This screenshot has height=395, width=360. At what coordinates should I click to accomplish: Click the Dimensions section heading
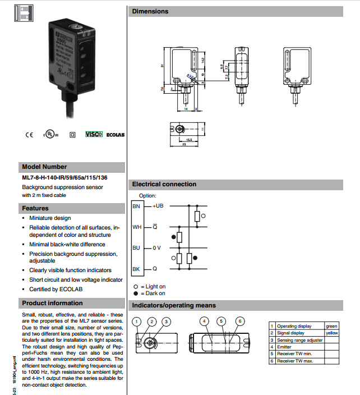pos(150,11)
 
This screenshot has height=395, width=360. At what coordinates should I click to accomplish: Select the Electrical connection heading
pos(164,184)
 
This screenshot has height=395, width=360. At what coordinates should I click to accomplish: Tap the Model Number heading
pos(44,167)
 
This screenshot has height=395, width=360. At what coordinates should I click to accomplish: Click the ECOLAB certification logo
pos(115,135)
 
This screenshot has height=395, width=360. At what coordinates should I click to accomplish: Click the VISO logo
pos(94,135)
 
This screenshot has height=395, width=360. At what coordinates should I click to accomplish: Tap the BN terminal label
pos(136,206)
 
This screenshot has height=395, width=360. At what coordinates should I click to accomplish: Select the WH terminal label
pos(137,227)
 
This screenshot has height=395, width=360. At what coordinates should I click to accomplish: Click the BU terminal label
pos(136,247)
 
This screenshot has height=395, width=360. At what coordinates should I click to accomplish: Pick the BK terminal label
pos(136,269)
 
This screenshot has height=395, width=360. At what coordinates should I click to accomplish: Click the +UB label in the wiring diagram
pos(158,206)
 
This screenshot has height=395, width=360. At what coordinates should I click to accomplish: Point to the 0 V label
pos(158,247)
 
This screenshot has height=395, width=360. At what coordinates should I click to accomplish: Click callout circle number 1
pos(137,321)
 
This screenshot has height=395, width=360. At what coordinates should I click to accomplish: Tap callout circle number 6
pos(240,321)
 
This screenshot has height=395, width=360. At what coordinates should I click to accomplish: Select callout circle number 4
pos(205,321)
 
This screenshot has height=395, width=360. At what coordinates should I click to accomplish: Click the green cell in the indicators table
pos(331,326)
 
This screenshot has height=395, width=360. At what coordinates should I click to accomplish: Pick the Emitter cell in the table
pos(285,347)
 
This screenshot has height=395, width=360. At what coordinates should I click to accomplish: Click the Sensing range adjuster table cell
pos(300,340)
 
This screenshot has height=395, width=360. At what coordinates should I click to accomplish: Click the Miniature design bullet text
pos(50,218)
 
